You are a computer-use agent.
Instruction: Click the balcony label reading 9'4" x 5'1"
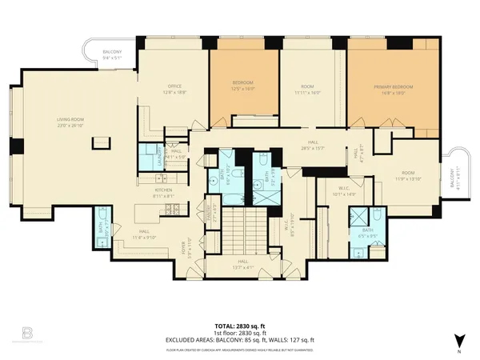(x=110, y=55)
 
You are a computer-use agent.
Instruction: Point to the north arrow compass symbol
(x=458, y=339)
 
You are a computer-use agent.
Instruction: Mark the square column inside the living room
(x=100, y=143)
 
